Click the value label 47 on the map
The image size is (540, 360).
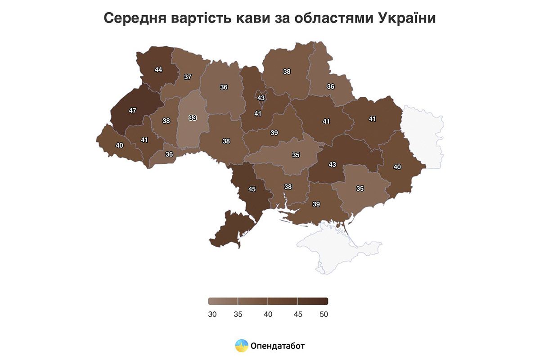[x=132, y=110]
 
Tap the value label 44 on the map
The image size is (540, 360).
[x=158, y=70]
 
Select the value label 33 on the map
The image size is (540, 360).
[x=193, y=118]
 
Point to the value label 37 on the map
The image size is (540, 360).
[x=188, y=77]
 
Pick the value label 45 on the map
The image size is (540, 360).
[x=252, y=189]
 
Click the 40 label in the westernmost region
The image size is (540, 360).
[x=119, y=145]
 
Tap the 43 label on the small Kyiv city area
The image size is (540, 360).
[x=261, y=98]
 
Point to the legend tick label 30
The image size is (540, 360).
[x=212, y=315]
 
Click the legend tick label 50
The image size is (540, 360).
[x=324, y=315]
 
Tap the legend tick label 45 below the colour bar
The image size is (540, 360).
[x=297, y=315]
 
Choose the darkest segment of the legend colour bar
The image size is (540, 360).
[x=313, y=301]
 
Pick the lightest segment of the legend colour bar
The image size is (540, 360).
[x=223, y=301]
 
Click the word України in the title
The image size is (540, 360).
[x=407, y=18]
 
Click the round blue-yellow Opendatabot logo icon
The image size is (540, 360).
[x=242, y=346]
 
